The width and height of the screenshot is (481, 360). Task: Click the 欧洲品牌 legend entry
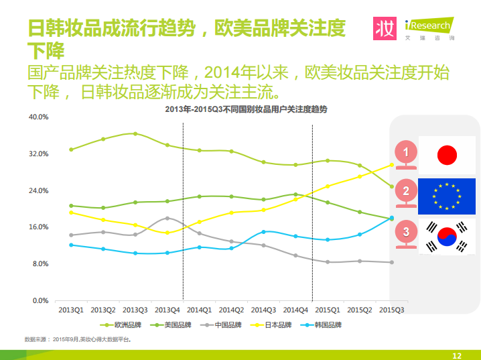coord(121,325)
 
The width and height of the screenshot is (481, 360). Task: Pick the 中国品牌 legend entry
coord(221,325)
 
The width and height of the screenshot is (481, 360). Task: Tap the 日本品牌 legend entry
coord(271,325)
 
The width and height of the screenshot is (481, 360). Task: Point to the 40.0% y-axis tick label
coord(39,117)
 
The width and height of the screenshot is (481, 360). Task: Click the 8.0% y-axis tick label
coord(41,264)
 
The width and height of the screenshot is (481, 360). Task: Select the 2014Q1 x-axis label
coord(200,310)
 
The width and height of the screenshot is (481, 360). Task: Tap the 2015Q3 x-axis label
coord(392,310)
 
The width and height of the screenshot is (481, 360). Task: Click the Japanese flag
coord(447,155)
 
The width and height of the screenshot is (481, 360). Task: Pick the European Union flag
coord(447,196)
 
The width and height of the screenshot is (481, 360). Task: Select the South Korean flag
coord(447,237)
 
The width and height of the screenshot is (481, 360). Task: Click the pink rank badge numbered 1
coord(406,154)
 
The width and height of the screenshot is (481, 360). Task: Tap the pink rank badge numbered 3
coord(406,234)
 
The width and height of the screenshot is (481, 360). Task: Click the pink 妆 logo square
coord(385,29)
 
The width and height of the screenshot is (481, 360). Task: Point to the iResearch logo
coord(429,29)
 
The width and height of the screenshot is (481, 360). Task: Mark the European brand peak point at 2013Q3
coord(135,134)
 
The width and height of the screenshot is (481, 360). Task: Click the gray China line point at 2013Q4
coord(167,218)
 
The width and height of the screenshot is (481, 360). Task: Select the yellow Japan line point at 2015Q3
coord(392,165)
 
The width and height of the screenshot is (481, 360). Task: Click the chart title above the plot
coord(246,109)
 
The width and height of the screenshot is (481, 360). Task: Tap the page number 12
coord(457,356)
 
